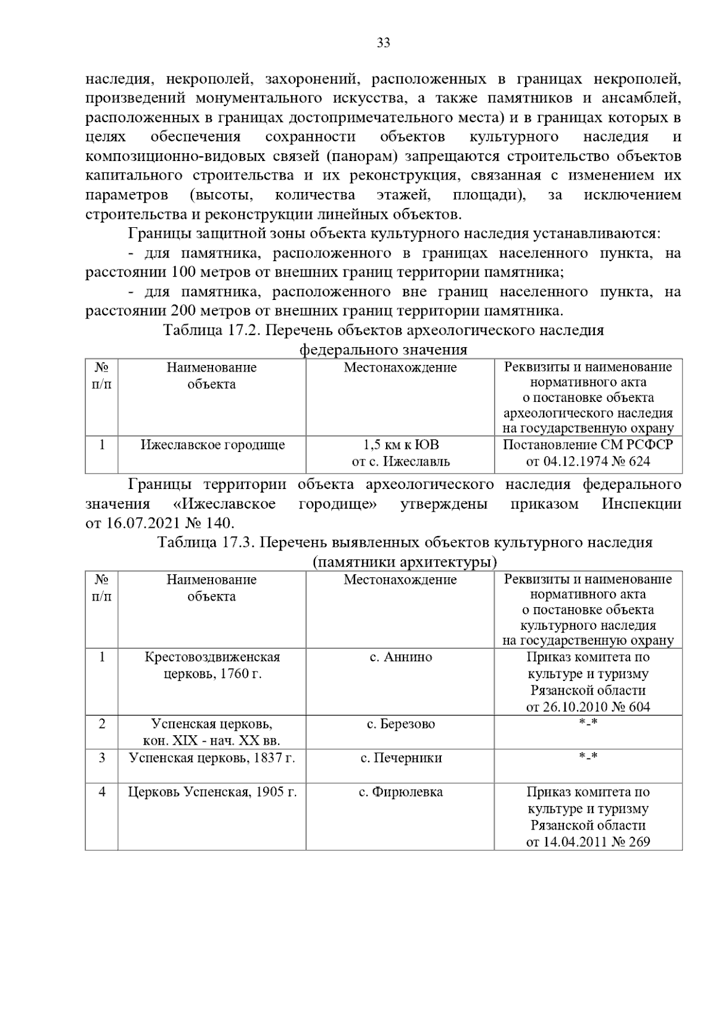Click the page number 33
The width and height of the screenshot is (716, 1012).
[383, 43]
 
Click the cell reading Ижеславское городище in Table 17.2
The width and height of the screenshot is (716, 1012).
[212, 445]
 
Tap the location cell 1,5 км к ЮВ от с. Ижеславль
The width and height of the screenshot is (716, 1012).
[400, 453]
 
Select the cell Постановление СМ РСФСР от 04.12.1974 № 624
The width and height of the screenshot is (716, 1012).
[588, 453]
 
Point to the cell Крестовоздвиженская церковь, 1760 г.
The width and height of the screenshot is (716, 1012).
[212, 666]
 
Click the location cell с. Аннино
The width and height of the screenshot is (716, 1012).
[400, 657]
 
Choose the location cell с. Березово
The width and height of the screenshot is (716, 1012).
[400, 724]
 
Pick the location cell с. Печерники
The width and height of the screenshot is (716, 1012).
[400, 758]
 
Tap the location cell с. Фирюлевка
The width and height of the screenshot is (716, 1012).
[400, 792]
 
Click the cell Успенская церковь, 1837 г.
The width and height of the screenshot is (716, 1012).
[212, 758]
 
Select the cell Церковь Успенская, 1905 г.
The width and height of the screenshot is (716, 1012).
[212, 792]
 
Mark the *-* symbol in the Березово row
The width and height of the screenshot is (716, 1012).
[588, 724]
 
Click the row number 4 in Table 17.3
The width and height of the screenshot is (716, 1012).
[102, 792]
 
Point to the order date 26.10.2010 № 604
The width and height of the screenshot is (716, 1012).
[588, 707]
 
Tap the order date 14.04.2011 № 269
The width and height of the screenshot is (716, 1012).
[588, 842]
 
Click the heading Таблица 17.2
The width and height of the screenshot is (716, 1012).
[209, 330]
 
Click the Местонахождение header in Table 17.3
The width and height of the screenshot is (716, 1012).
[400, 580]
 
